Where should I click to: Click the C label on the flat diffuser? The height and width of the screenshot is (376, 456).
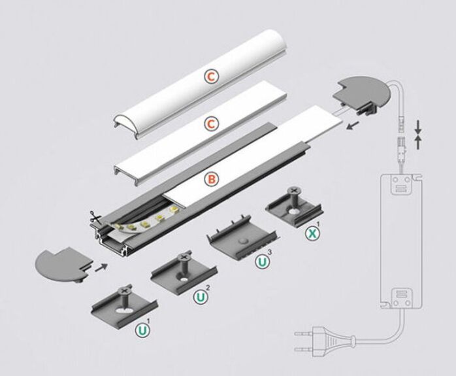210,124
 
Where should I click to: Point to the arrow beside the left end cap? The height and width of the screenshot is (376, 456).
101,266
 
